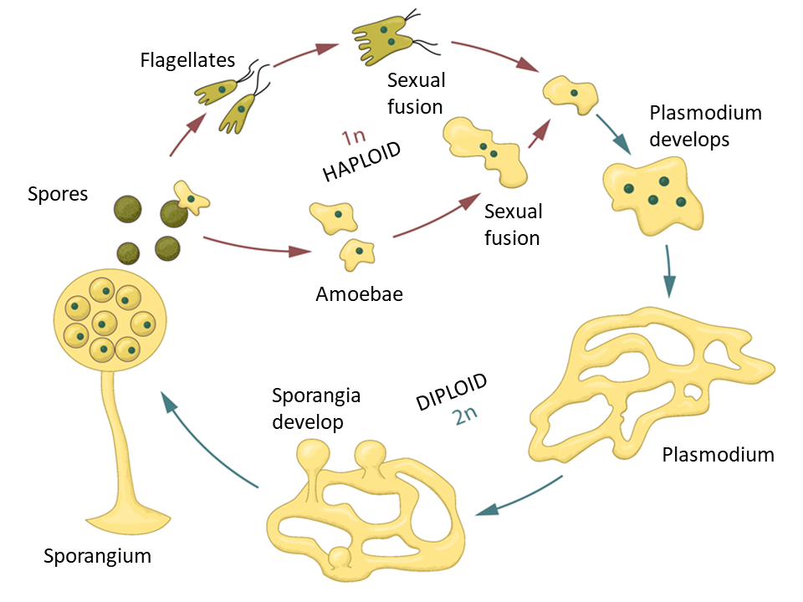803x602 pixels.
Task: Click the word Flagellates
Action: [187, 61]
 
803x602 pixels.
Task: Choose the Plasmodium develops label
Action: [693, 125]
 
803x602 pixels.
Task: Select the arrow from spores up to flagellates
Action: [187, 134]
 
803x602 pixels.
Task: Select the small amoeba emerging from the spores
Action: [191, 197]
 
